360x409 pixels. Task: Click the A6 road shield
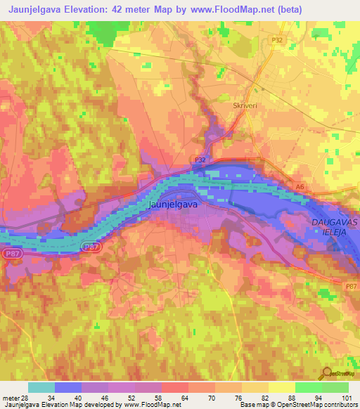(300, 186)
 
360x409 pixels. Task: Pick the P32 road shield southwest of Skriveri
(200, 160)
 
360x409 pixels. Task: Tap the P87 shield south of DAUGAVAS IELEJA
(351, 286)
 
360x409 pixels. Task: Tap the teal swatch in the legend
(41, 387)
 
